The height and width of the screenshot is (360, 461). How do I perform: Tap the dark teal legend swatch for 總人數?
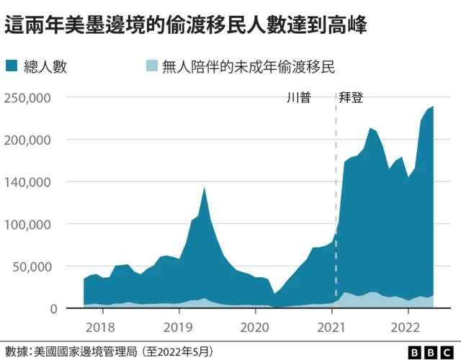(x=13, y=68)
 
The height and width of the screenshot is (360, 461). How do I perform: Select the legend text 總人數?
(x=45, y=68)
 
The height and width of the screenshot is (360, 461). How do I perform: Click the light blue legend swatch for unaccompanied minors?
(x=150, y=68)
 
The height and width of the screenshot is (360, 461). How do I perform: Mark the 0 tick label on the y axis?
(x=53, y=308)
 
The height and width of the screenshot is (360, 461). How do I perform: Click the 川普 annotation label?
(x=299, y=97)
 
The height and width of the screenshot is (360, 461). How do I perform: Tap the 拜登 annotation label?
(x=352, y=97)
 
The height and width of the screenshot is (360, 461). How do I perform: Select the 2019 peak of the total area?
(x=205, y=188)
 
